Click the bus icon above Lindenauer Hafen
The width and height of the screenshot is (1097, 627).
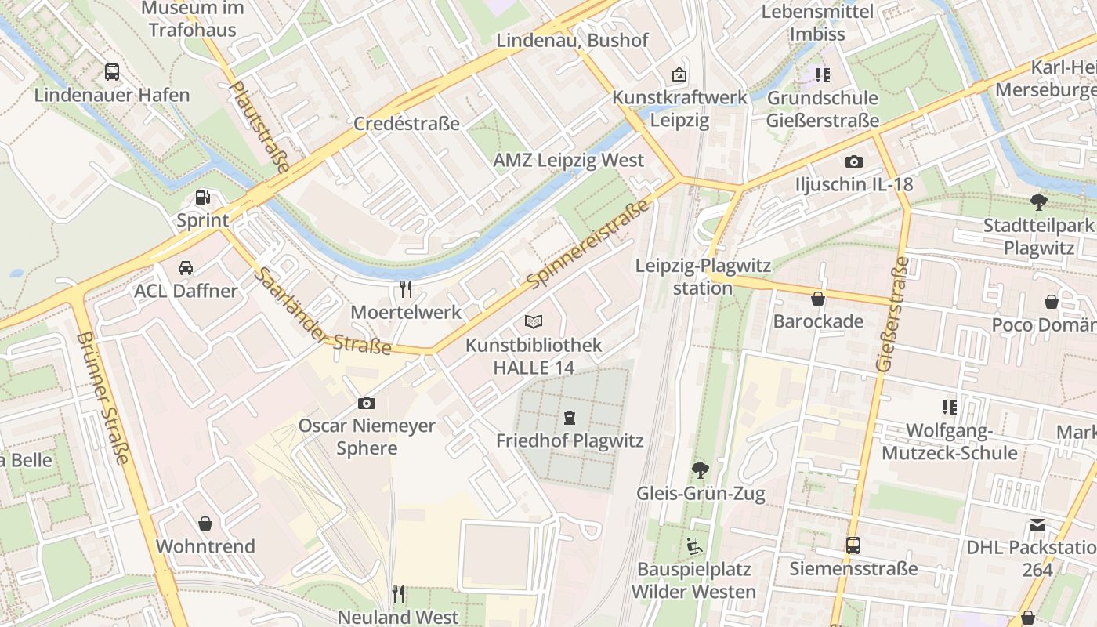point(112,72)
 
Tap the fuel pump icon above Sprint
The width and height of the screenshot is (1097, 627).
point(203,198)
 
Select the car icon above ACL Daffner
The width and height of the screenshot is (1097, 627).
point(186,268)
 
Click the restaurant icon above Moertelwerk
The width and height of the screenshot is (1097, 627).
point(406,289)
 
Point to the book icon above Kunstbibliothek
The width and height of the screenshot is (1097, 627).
point(534,321)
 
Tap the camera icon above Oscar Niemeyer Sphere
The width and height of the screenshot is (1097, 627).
point(366,404)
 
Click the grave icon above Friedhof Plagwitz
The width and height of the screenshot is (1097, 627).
point(570,418)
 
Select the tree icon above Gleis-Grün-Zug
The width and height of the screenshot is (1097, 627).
point(700,470)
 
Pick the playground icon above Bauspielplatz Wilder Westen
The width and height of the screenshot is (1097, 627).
point(693,545)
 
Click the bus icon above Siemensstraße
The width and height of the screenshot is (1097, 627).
point(853,545)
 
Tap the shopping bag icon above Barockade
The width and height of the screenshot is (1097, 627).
point(818,299)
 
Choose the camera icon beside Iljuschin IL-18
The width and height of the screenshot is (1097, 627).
point(854,162)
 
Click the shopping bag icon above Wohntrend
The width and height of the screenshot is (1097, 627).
point(205,523)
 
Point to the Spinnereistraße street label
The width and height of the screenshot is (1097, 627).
point(588,243)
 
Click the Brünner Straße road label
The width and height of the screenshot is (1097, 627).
point(103,397)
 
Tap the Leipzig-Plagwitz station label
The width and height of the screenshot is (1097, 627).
point(703,277)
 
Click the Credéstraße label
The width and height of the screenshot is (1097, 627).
point(407,124)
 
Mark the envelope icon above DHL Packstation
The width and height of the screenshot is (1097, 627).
point(1037,525)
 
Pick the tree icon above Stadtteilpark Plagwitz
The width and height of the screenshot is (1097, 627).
point(1039,202)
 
